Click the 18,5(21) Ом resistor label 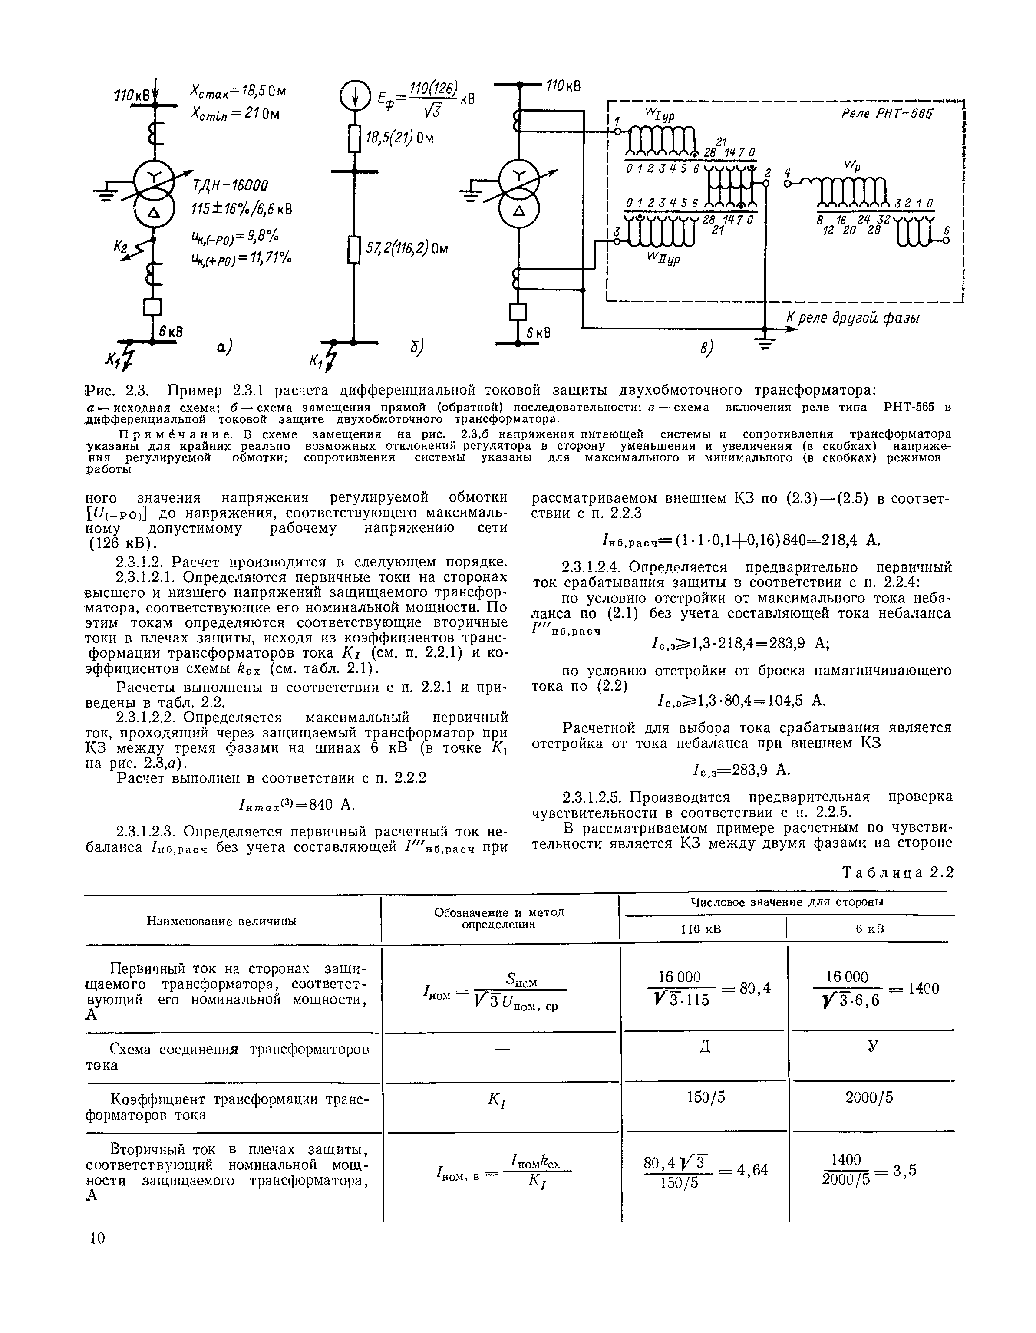coord(399,138)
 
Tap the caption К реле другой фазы coord(853,318)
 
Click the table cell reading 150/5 coord(706,1097)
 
